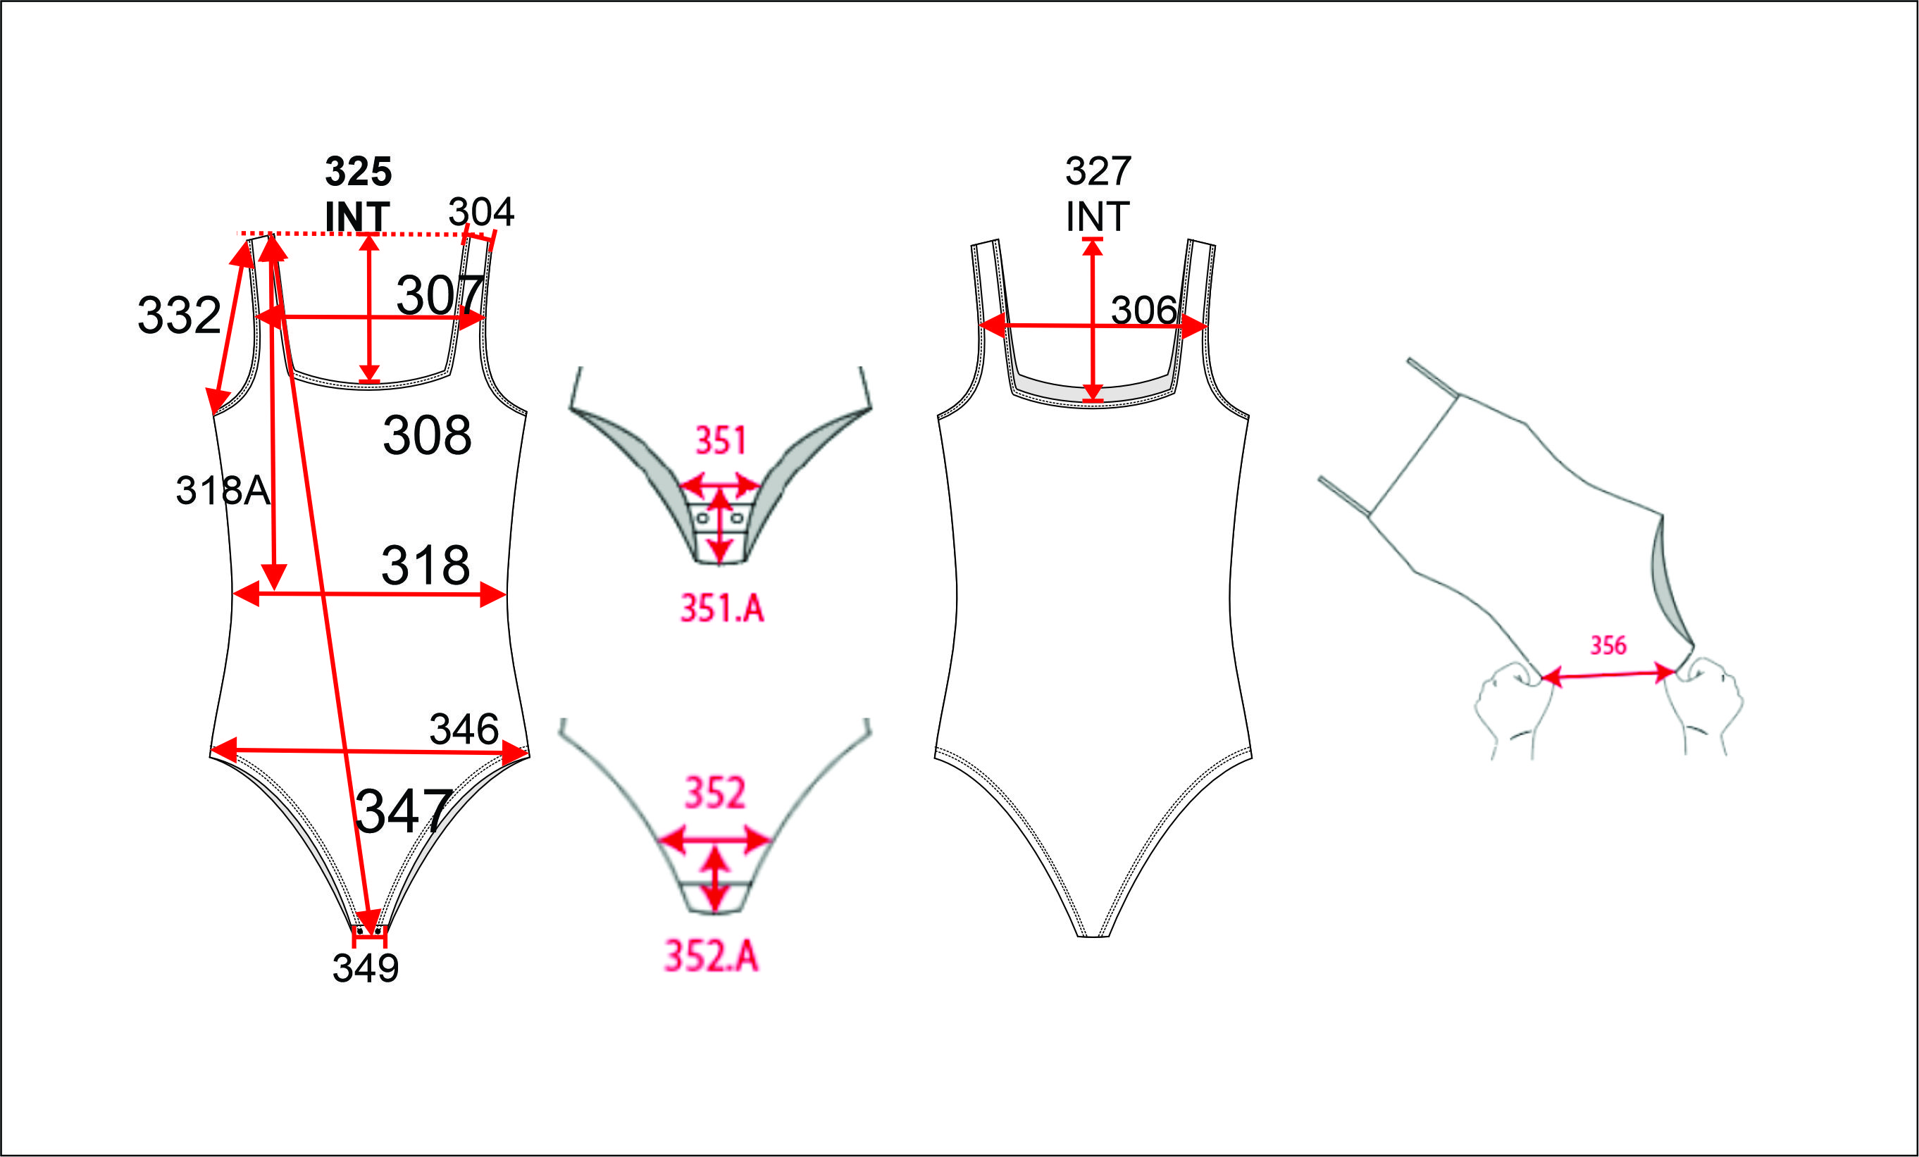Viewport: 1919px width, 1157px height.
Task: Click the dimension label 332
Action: point(179,315)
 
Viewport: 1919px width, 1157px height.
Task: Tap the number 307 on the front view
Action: point(440,295)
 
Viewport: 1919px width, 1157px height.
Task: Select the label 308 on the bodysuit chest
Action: point(427,435)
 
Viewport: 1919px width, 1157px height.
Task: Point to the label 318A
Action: point(223,491)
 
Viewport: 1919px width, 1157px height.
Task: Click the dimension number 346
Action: point(464,730)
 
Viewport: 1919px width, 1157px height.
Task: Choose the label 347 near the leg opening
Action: point(404,811)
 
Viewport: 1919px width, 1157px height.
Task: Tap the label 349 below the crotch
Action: point(365,968)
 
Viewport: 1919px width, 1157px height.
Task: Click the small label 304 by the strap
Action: point(481,212)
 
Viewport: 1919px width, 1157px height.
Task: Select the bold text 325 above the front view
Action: point(359,171)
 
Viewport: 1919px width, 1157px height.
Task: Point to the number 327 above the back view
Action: point(1098,171)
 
